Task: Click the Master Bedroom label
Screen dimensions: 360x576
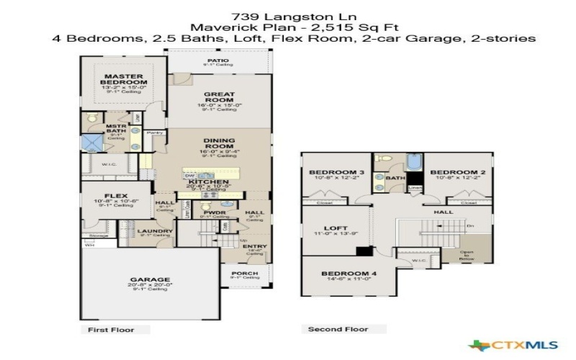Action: click(x=124, y=79)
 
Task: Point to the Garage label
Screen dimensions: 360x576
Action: click(x=150, y=279)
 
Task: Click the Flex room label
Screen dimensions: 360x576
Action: click(x=116, y=195)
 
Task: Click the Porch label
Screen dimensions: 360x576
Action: click(x=244, y=274)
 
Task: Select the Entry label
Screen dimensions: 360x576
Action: click(x=256, y=247)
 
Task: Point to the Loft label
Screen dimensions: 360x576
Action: click(x=337, y=228)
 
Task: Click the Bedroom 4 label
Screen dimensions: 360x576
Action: click(x=344, y=274)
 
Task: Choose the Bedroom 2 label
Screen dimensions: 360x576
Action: click(x=454, y=173)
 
